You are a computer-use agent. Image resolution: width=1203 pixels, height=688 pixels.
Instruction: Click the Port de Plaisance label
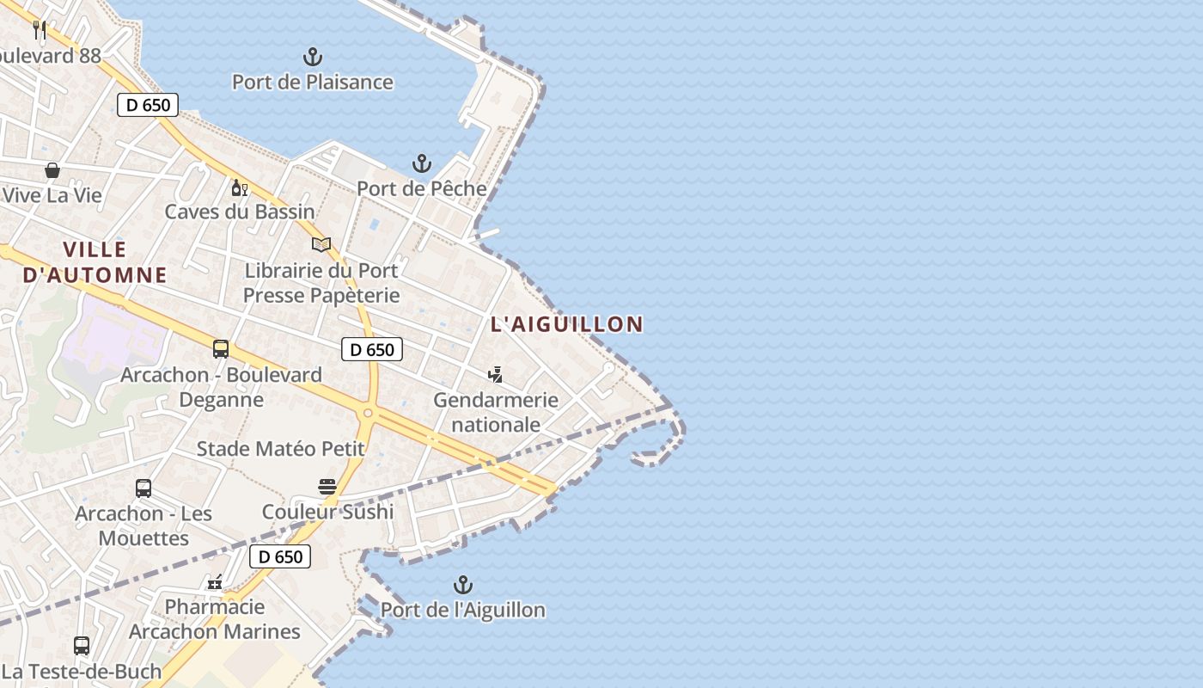[313, 83]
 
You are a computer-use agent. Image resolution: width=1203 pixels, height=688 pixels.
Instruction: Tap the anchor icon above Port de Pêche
[421, 163]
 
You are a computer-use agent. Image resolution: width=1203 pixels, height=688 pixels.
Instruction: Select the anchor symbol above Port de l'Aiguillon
[463, 586]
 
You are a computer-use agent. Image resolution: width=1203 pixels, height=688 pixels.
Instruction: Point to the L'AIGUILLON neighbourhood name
[566, 324]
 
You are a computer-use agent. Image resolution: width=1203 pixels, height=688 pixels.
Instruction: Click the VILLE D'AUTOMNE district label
[95, 262]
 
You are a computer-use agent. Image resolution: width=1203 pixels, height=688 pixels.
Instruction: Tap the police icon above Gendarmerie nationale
[495, 374]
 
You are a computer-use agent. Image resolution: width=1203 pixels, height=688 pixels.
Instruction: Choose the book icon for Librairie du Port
[321, 245]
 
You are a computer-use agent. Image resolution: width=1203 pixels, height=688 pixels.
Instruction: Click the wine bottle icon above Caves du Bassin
[239, 187]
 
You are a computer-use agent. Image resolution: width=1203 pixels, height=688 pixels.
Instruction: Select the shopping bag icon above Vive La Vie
[52, 170]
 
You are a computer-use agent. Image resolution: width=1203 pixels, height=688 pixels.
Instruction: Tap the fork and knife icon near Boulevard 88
[39, 30]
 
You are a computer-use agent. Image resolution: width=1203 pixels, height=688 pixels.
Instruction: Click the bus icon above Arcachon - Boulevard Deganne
[221, 349]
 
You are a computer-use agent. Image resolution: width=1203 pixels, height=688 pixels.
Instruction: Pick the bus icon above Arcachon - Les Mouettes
[144, 488]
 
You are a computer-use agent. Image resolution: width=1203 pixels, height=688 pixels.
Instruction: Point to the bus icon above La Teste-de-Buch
[82, 645]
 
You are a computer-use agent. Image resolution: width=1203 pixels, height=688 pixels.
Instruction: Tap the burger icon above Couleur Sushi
[327, 487]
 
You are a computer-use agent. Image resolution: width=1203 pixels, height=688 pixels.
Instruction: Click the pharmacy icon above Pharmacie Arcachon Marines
[215, 583]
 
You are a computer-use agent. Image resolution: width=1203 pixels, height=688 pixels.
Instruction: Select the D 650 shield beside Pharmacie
[280, 556]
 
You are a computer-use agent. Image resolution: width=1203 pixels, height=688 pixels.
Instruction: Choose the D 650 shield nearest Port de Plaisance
[148, 105]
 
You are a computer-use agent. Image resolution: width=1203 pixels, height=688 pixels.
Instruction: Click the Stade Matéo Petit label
[281, 449]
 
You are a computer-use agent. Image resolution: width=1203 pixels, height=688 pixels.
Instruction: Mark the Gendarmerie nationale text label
[496, 412]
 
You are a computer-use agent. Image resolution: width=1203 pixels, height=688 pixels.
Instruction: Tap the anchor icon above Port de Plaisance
[313, 58]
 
